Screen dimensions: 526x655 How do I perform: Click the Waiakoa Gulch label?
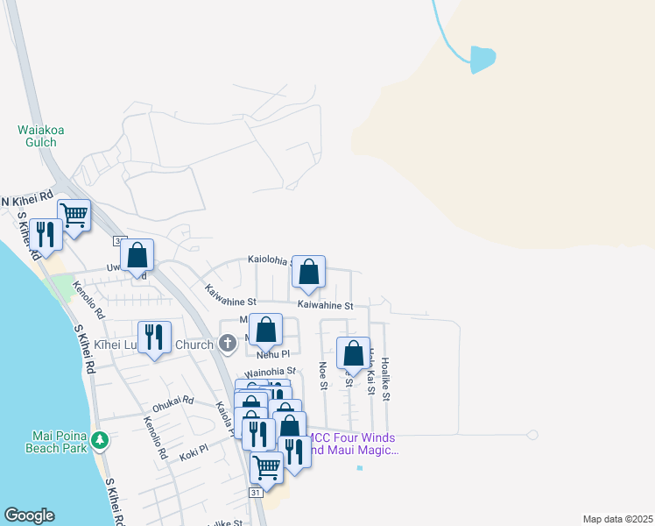[41, 137]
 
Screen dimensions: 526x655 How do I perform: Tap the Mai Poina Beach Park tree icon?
[101, 438]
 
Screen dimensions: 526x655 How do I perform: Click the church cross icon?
[228, 344]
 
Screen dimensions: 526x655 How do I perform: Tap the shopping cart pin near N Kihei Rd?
[74, 213]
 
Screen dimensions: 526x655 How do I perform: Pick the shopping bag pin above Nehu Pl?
[266, 330]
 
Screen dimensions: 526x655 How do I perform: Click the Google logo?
[29, 515]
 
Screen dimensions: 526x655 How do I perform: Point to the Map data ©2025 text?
[617, 519]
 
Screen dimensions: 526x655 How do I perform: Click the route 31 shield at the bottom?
[256, 494]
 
